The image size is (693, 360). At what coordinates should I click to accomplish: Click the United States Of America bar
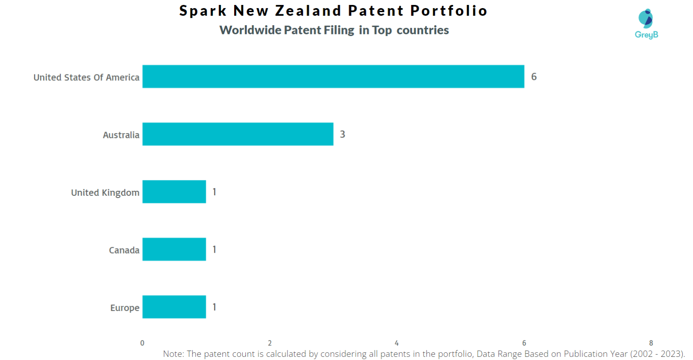[333, 76]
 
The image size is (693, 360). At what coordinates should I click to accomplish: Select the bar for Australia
[238, 134]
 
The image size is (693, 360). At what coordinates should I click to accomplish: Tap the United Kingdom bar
[174, 192]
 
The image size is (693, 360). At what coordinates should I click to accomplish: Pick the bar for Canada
[174, 249]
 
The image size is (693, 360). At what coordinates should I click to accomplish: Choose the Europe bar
[174, 307]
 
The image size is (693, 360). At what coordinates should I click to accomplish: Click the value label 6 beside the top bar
[534, 77]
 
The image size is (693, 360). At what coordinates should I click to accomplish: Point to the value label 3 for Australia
[342, 134]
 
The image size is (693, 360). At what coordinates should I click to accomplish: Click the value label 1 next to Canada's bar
[214, 249]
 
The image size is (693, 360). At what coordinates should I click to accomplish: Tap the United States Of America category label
[86, 78]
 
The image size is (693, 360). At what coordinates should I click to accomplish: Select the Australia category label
[121, 135]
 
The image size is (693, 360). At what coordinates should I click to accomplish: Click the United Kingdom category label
[105, 193]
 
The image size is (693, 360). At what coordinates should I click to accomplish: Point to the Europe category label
[125, 308]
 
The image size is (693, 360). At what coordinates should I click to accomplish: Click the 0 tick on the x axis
[143, 343]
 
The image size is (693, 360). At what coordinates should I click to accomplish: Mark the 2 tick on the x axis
[270, 343]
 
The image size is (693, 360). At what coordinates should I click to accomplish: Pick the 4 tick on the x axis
[397, 343]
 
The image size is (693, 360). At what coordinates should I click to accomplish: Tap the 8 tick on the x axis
[651, 343]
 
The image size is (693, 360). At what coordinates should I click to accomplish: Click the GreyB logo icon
[646, 19]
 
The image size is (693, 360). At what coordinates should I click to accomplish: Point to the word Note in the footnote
[173, 354]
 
